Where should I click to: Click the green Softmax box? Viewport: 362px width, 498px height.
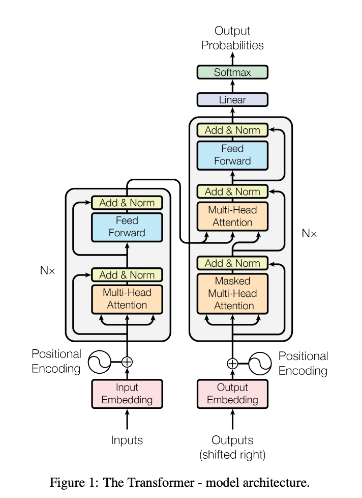232,72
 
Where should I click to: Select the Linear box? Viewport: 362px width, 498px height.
232,100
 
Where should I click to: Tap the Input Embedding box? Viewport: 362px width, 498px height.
127,394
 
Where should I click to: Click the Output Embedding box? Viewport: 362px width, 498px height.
232,394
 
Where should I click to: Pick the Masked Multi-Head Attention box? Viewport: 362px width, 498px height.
232,293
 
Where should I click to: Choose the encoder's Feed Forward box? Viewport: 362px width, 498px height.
127,227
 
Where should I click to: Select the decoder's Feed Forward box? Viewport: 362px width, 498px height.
232,155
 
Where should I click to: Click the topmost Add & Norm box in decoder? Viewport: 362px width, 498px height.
232,130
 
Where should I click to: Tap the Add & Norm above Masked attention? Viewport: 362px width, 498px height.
232,263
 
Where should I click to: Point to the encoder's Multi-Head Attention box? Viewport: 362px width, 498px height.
127,299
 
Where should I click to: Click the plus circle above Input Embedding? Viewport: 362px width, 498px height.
127,362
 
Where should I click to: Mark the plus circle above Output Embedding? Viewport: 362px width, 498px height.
232,364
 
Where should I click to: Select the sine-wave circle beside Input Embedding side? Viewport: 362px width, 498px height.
100,362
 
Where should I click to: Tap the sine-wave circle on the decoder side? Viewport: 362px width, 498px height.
260,364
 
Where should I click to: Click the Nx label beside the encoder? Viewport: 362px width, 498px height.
48,270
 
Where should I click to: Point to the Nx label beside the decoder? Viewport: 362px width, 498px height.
310,233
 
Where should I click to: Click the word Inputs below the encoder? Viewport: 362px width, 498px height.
127,440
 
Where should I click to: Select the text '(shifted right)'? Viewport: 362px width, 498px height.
232,455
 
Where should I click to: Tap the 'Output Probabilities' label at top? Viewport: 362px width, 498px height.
232,38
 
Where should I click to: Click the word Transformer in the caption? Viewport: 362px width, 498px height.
148,482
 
